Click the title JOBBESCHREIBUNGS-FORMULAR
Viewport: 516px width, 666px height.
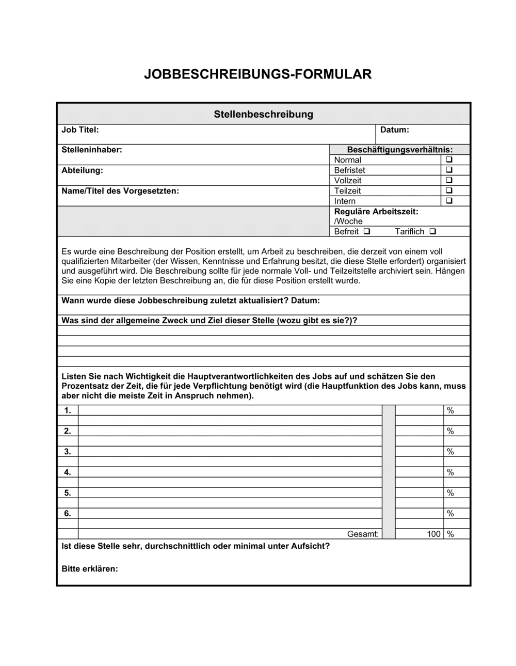(x=257, y=74)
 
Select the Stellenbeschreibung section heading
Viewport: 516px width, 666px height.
(x=263, y=114)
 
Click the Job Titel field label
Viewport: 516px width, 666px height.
(x=80, y=130)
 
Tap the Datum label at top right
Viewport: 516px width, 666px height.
(x=394, y=130)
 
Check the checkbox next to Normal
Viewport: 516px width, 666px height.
(x=449, y=160)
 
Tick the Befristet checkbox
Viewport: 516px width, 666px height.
(x=449, y=170)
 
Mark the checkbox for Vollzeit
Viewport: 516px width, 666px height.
(x=449, y=180)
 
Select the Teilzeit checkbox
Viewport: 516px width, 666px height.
(x=449, y=191)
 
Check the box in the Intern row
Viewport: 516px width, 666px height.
(x=449, y=201)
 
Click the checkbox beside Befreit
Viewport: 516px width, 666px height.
(x=366, y=231)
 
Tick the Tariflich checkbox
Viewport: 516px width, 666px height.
(x=432, y=231)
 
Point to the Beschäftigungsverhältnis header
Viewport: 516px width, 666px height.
(x=400, y=150)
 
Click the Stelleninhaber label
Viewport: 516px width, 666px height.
(x=92, y=150)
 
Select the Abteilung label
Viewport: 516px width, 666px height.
(x=82, y=170)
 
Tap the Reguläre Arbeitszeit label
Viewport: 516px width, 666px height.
(x=376, y=212)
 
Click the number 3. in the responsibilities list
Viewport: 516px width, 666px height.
(x=68, y=452)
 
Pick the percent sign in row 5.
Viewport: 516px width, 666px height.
(x=450, y=493)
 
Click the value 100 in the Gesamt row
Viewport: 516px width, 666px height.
(x=433, y=534)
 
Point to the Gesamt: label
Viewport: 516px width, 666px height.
(x=363, y=534)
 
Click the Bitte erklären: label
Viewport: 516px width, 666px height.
(x=90, y=569)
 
